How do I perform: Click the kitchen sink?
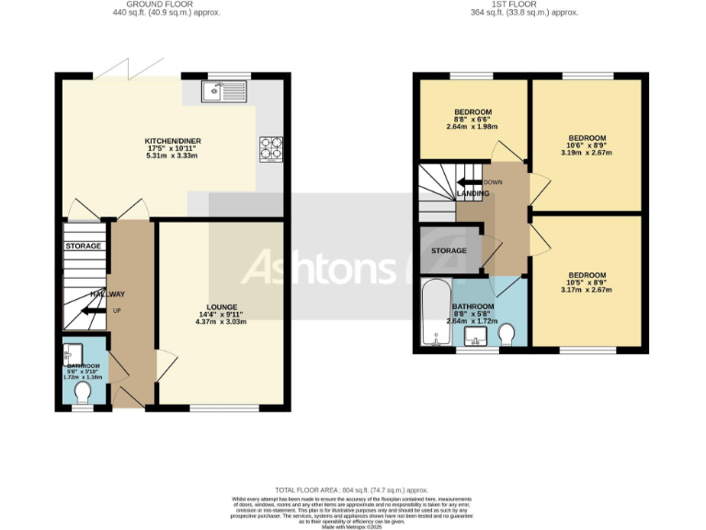224,90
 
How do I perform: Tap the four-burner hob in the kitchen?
271,149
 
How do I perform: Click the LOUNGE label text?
222,306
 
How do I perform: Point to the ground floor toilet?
83,393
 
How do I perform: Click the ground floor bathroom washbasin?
73,351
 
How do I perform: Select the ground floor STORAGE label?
83,247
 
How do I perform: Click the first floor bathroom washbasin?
476,342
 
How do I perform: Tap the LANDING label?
473,193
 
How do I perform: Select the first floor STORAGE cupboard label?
449,250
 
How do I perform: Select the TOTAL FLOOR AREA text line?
352,490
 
